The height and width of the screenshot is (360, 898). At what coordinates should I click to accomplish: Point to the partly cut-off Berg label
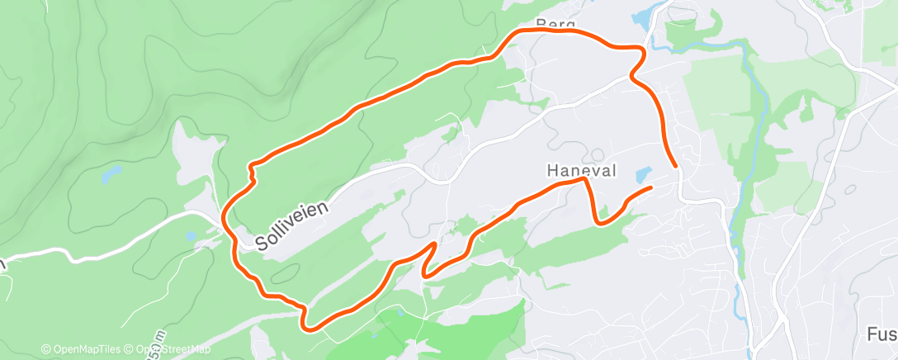(555, 24)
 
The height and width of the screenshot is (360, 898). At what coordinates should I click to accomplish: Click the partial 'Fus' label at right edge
(881, 334)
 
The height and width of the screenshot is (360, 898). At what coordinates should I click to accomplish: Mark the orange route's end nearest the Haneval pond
(650, 188)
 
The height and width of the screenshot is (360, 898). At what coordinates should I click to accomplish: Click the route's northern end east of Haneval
(676, 166)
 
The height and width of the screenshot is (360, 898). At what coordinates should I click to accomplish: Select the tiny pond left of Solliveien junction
(191, 236)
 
